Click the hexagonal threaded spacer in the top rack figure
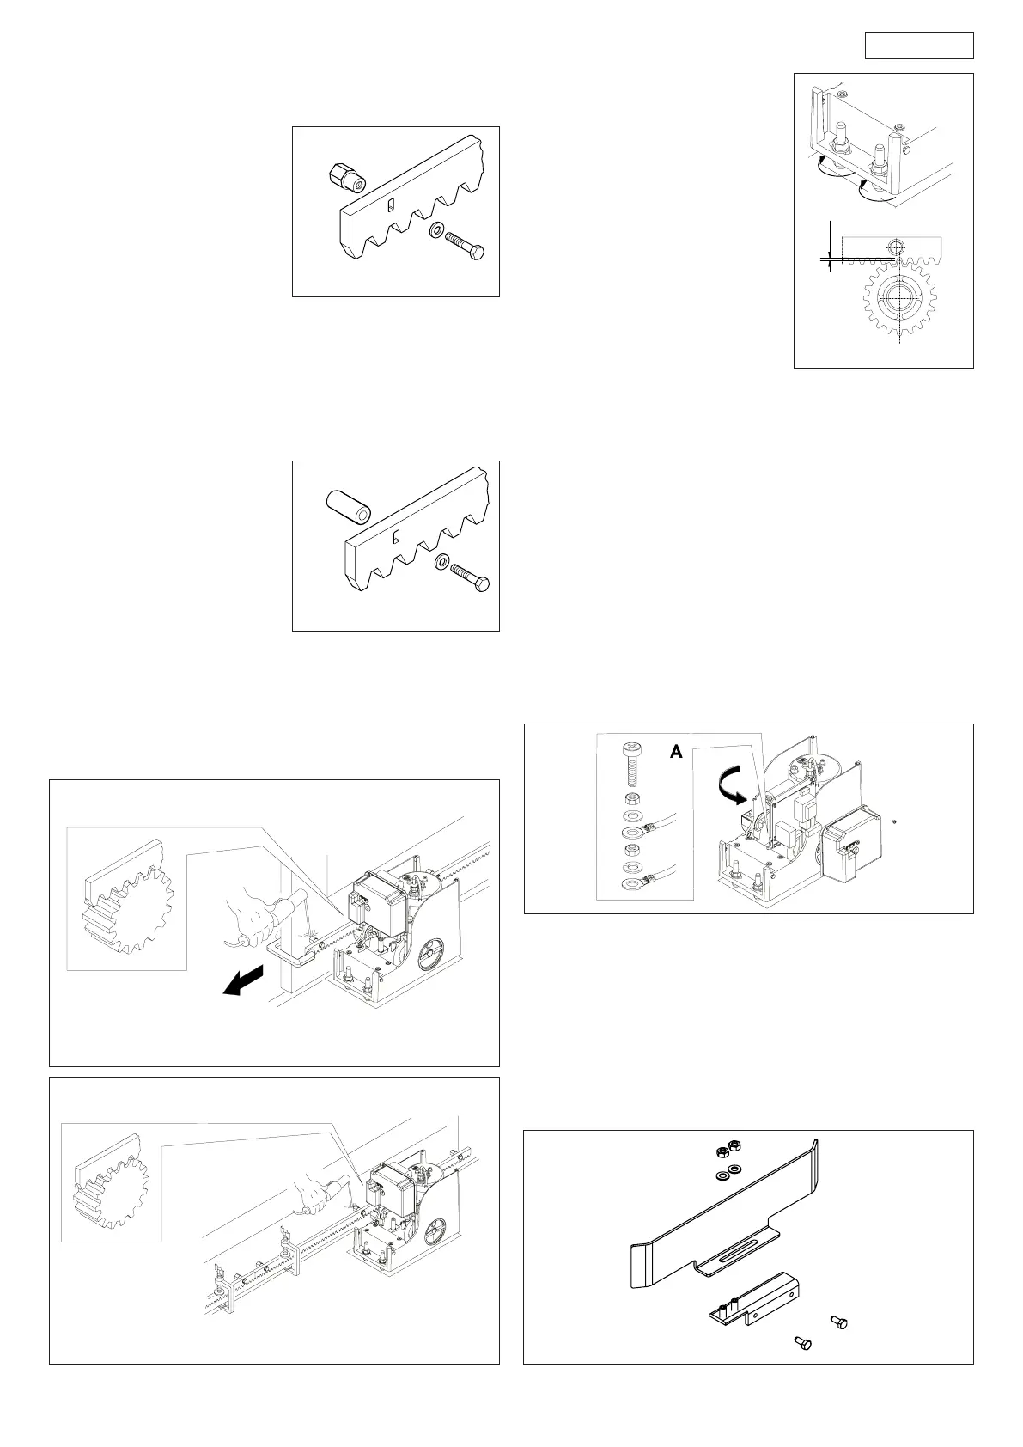coord(345,178)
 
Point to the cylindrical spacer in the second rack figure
coord(348,507)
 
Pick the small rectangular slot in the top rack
coord(389,205)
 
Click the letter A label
coord(676,752)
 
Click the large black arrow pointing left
coord(243,982)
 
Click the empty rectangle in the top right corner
coord(918,46)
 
